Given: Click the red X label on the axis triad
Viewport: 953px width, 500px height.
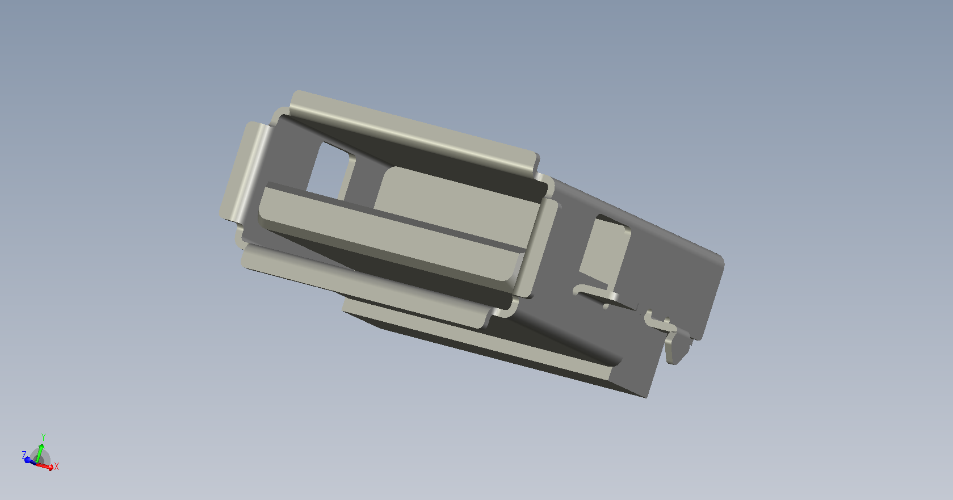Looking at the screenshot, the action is tap(57, 467).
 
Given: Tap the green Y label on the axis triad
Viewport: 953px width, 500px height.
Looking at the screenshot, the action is tap(43, 437).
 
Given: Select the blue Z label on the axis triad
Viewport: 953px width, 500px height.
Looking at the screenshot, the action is tap(24, 455).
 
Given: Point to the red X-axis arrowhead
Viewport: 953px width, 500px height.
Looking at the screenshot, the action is tap(51, 468).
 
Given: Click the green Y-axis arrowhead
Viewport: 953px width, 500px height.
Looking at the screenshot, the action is tap(41, 446).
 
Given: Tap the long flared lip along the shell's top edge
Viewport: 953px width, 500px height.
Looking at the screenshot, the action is tap(413, 132).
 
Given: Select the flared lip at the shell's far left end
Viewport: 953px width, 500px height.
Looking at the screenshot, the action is tap(245, 170).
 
